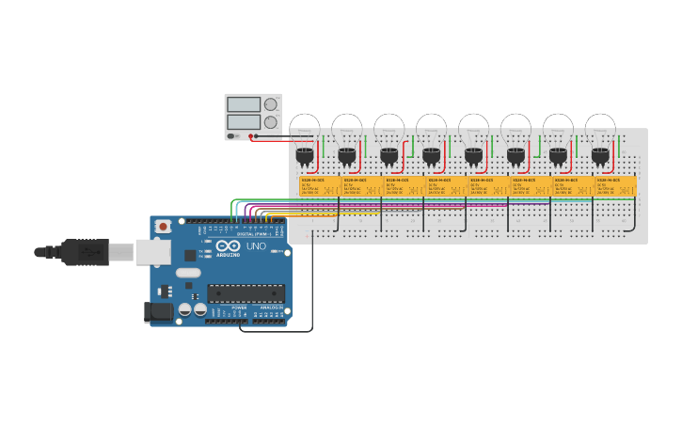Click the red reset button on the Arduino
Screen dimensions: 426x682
pos(163,226)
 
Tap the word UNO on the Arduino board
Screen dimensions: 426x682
pos(256,246)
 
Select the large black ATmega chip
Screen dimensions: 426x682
pos(246,293)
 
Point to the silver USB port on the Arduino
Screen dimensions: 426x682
pos(152,251)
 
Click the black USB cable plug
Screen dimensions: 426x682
pos(86,252)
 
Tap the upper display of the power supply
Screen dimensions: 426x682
pos(244,104)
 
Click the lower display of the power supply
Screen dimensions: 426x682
pos(244,121)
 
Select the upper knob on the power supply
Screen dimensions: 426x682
pos(271,104)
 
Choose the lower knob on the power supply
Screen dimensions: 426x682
pos(271,122)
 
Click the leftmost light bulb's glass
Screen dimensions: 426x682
pos(305,128)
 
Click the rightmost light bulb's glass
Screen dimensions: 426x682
pos(600,128)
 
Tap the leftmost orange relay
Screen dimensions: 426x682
pos(320,186)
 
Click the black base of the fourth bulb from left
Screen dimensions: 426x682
pos(431,155)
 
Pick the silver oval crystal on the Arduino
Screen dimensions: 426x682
pos(187,273)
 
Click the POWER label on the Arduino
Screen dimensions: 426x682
pos(239,308)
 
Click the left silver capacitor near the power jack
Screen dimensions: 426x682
pos(185,308)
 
